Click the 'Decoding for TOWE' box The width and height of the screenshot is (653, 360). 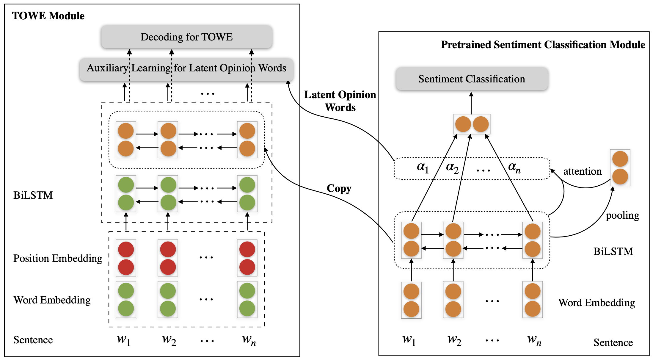(186, 37)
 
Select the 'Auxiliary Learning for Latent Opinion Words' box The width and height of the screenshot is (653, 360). (186, 69)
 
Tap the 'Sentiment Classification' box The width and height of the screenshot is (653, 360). (472, 79)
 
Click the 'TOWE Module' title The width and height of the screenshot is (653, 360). (48, 16)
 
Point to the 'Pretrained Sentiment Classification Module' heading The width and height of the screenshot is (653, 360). (543, 45)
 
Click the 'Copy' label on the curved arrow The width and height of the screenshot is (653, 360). (339, 189)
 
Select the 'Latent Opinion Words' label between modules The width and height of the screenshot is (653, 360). (340, 101)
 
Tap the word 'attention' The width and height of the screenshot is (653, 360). (583, 171)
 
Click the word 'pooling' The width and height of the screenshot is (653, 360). (622, 216)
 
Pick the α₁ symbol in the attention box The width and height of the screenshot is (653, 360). (423, 168)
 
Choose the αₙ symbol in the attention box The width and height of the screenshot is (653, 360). (514, 168)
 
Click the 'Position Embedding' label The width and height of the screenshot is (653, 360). (58, 259)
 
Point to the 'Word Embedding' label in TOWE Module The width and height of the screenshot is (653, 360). (52, 300)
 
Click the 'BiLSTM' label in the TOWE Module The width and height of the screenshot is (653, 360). (33, 195)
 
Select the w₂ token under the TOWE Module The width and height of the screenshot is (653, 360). (169, 340)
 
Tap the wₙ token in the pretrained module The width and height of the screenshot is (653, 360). (534, 340)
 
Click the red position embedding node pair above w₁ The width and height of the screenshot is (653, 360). (126, 258)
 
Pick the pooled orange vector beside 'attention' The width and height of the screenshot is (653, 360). (620, 168)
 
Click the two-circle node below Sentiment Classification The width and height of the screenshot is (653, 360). (472, 124)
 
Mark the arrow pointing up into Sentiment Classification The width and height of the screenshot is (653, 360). (471, 103)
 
